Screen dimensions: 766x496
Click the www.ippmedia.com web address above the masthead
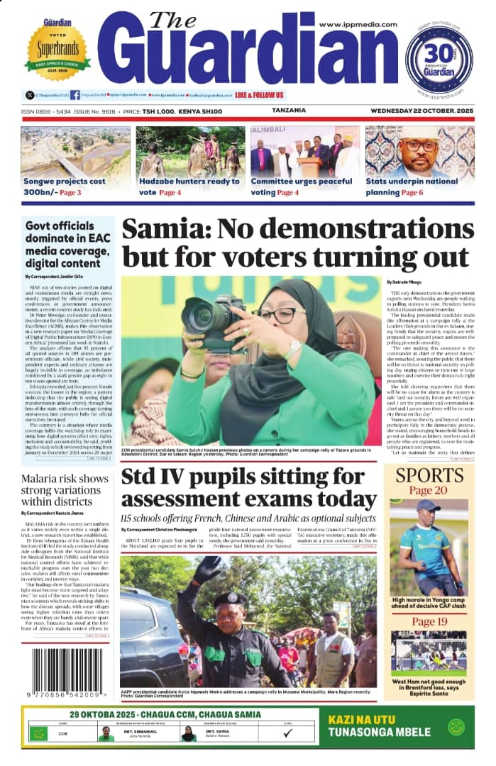point(358,24)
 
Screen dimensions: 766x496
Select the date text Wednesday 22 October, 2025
point(422,111)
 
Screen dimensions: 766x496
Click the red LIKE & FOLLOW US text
point(259,95)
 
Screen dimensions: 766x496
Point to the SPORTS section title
point(429,474)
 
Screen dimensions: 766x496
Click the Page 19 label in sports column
point(429,622)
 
